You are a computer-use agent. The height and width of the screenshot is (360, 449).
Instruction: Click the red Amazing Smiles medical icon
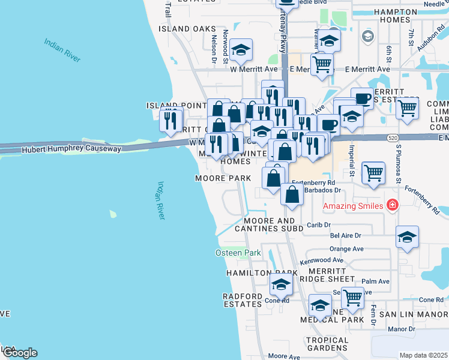(x=393, y=205)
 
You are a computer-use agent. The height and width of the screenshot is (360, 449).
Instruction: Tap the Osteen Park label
(x=238, y=253)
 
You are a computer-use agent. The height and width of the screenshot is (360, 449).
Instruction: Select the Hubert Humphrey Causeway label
(x=71, y=149)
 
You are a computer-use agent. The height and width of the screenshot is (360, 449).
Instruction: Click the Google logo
(x=19, y=353)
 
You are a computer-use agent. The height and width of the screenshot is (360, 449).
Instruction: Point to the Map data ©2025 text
(x=424, y=355)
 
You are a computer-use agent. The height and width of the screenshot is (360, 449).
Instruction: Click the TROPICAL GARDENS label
(x=327, y=344)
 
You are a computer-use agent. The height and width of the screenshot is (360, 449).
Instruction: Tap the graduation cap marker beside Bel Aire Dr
(x=407, y=237)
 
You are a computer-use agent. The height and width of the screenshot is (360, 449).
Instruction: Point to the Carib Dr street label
(x=319, y=224)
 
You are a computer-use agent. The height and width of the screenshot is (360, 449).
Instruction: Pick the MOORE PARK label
(x=222, y=178)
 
